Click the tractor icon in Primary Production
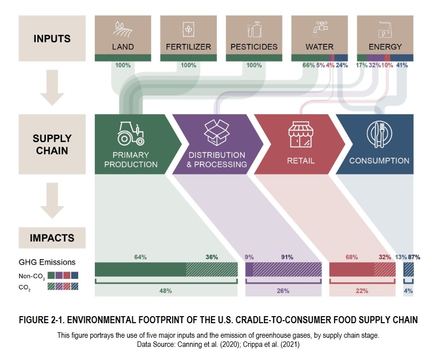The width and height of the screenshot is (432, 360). click(x=131, y=134)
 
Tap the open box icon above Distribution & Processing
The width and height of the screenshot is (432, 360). click(x=217, y=133)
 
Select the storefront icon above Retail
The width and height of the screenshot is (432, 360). click(x=301, y=134)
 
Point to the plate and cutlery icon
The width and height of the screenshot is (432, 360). click(x=380, y=134)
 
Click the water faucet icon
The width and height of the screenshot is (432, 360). click(x=319, y=29)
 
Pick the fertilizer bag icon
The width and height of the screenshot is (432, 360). click(x=188, y=29)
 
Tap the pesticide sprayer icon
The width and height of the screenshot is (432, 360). click(x=254, y=29)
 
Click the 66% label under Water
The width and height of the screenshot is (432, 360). click(x=308, y=65)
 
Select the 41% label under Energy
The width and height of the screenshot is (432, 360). click(x=402, y=65)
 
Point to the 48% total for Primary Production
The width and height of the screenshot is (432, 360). click(x=166, y=290)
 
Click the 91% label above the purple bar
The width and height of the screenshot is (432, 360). click(x=287, y=257)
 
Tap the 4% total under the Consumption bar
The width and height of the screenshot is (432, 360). click(x=408, y=290)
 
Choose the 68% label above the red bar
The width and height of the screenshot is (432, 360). click(x=352, y=257)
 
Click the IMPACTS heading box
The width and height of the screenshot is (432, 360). click(x=52, y=238)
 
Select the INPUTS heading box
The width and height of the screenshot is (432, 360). click(x=52, y=38)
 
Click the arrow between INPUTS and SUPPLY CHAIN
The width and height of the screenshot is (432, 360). click(x=52, y=88)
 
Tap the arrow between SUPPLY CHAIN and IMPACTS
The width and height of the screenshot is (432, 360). click(x=52, y=201)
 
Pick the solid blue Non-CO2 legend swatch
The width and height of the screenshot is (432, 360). click(x=75, y=275)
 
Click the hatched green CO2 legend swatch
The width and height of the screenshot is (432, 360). click(x=51, y=286)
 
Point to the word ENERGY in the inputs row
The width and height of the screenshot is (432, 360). click(x=385, y=47)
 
